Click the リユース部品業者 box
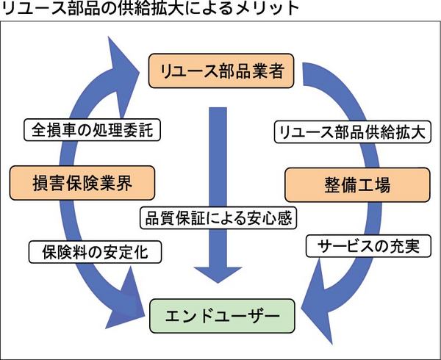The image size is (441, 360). (220, 71)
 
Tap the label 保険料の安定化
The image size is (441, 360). (91, 253)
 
